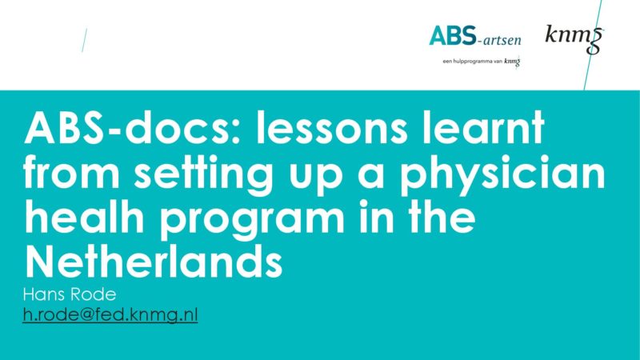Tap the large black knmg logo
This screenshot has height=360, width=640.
coord(574,38)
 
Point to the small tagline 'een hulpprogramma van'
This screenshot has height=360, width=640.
coord(472,62)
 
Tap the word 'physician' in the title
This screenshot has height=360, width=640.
coord(502,174)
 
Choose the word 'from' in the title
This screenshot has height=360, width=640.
coord(71,173)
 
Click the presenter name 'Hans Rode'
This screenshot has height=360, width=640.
coord(70,294)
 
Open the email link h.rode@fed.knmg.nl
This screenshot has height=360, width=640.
coord(110,315)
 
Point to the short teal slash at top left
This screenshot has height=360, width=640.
coord(85,40)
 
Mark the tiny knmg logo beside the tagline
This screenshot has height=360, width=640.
coord(512,62)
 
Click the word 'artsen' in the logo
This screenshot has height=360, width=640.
coord(502,40)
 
